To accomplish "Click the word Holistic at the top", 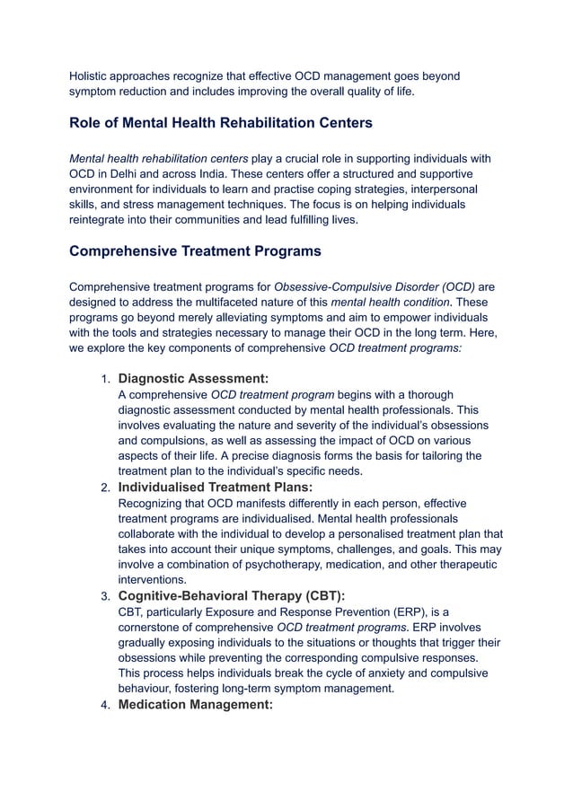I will point(92,75).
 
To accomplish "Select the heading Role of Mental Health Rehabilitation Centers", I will point(220,122).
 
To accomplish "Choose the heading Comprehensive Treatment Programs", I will point(195,251).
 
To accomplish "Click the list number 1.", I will point(103,379).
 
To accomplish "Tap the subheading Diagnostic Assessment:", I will point(193,378).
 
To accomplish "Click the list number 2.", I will point(103,488).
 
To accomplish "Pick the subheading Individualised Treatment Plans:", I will point(216,487).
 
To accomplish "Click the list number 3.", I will point(103,597).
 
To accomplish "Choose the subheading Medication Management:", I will point(196,705).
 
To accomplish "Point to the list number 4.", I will point(103,706).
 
